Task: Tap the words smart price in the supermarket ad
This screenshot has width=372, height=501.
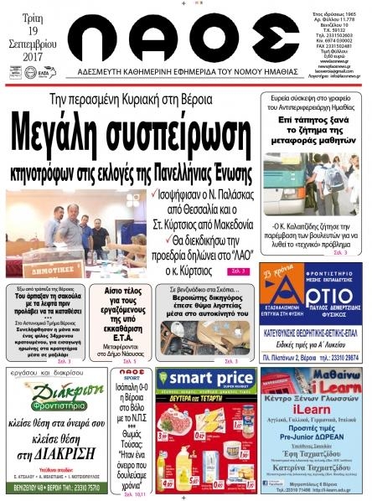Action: pos(205,380)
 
